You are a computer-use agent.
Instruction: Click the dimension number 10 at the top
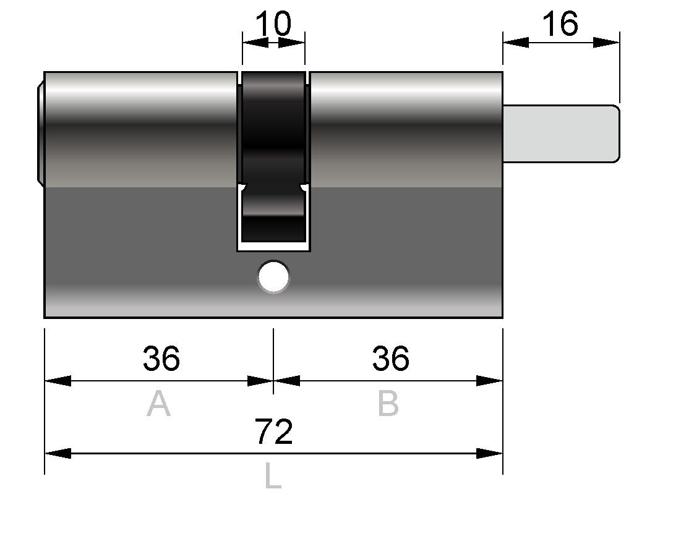(x=273, y=23)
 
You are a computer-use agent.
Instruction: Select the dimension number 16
(x=560, y=23)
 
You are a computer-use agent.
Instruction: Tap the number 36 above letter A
(x=161, y=359)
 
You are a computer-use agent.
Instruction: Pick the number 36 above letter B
(x=390, y=359)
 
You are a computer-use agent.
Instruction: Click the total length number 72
(x=273, y=431)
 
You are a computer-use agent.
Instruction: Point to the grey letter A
(x=158, y=403)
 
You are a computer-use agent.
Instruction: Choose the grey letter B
(x=388, y=403)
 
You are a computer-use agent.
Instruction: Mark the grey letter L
(x=273, y=475)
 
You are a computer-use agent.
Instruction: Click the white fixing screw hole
(x=273, y=276)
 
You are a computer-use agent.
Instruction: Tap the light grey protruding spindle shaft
(x=561, y=134)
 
